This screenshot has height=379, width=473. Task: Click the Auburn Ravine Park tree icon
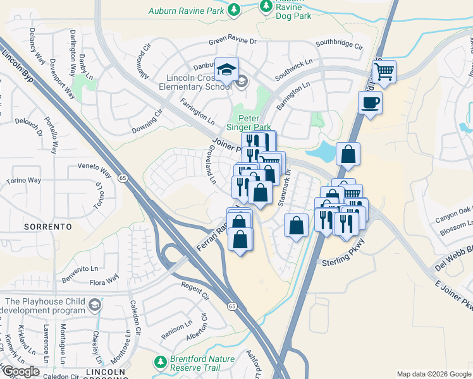point(235,9)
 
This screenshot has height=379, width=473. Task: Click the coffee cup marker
point(370,102)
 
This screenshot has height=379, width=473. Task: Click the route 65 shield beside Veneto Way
point(123,179)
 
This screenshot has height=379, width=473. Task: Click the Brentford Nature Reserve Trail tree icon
point(161,363)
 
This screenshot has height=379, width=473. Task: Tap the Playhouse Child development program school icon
point(94,306)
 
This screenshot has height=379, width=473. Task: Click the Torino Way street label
point(23,181)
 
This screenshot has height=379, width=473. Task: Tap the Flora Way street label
point(104,279)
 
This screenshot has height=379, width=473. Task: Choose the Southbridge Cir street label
point(340,45)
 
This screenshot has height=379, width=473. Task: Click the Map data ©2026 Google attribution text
point(433,374)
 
